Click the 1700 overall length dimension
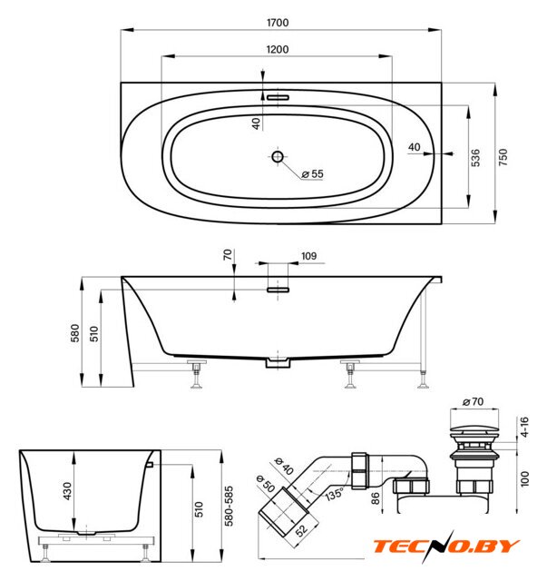click(278, 23)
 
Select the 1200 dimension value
click(278, 49)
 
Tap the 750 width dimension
click(503, 157)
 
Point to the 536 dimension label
click(475, 157)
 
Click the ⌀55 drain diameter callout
click(312, 173)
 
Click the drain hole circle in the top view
click(278, 157)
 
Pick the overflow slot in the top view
click(278, 97)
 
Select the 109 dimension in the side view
click(308, 256)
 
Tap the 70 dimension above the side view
click(228, 254)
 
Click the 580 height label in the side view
click(74, 333)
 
